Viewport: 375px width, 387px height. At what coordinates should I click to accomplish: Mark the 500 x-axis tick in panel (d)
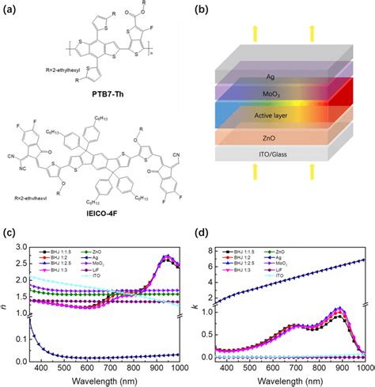(257, 366)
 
